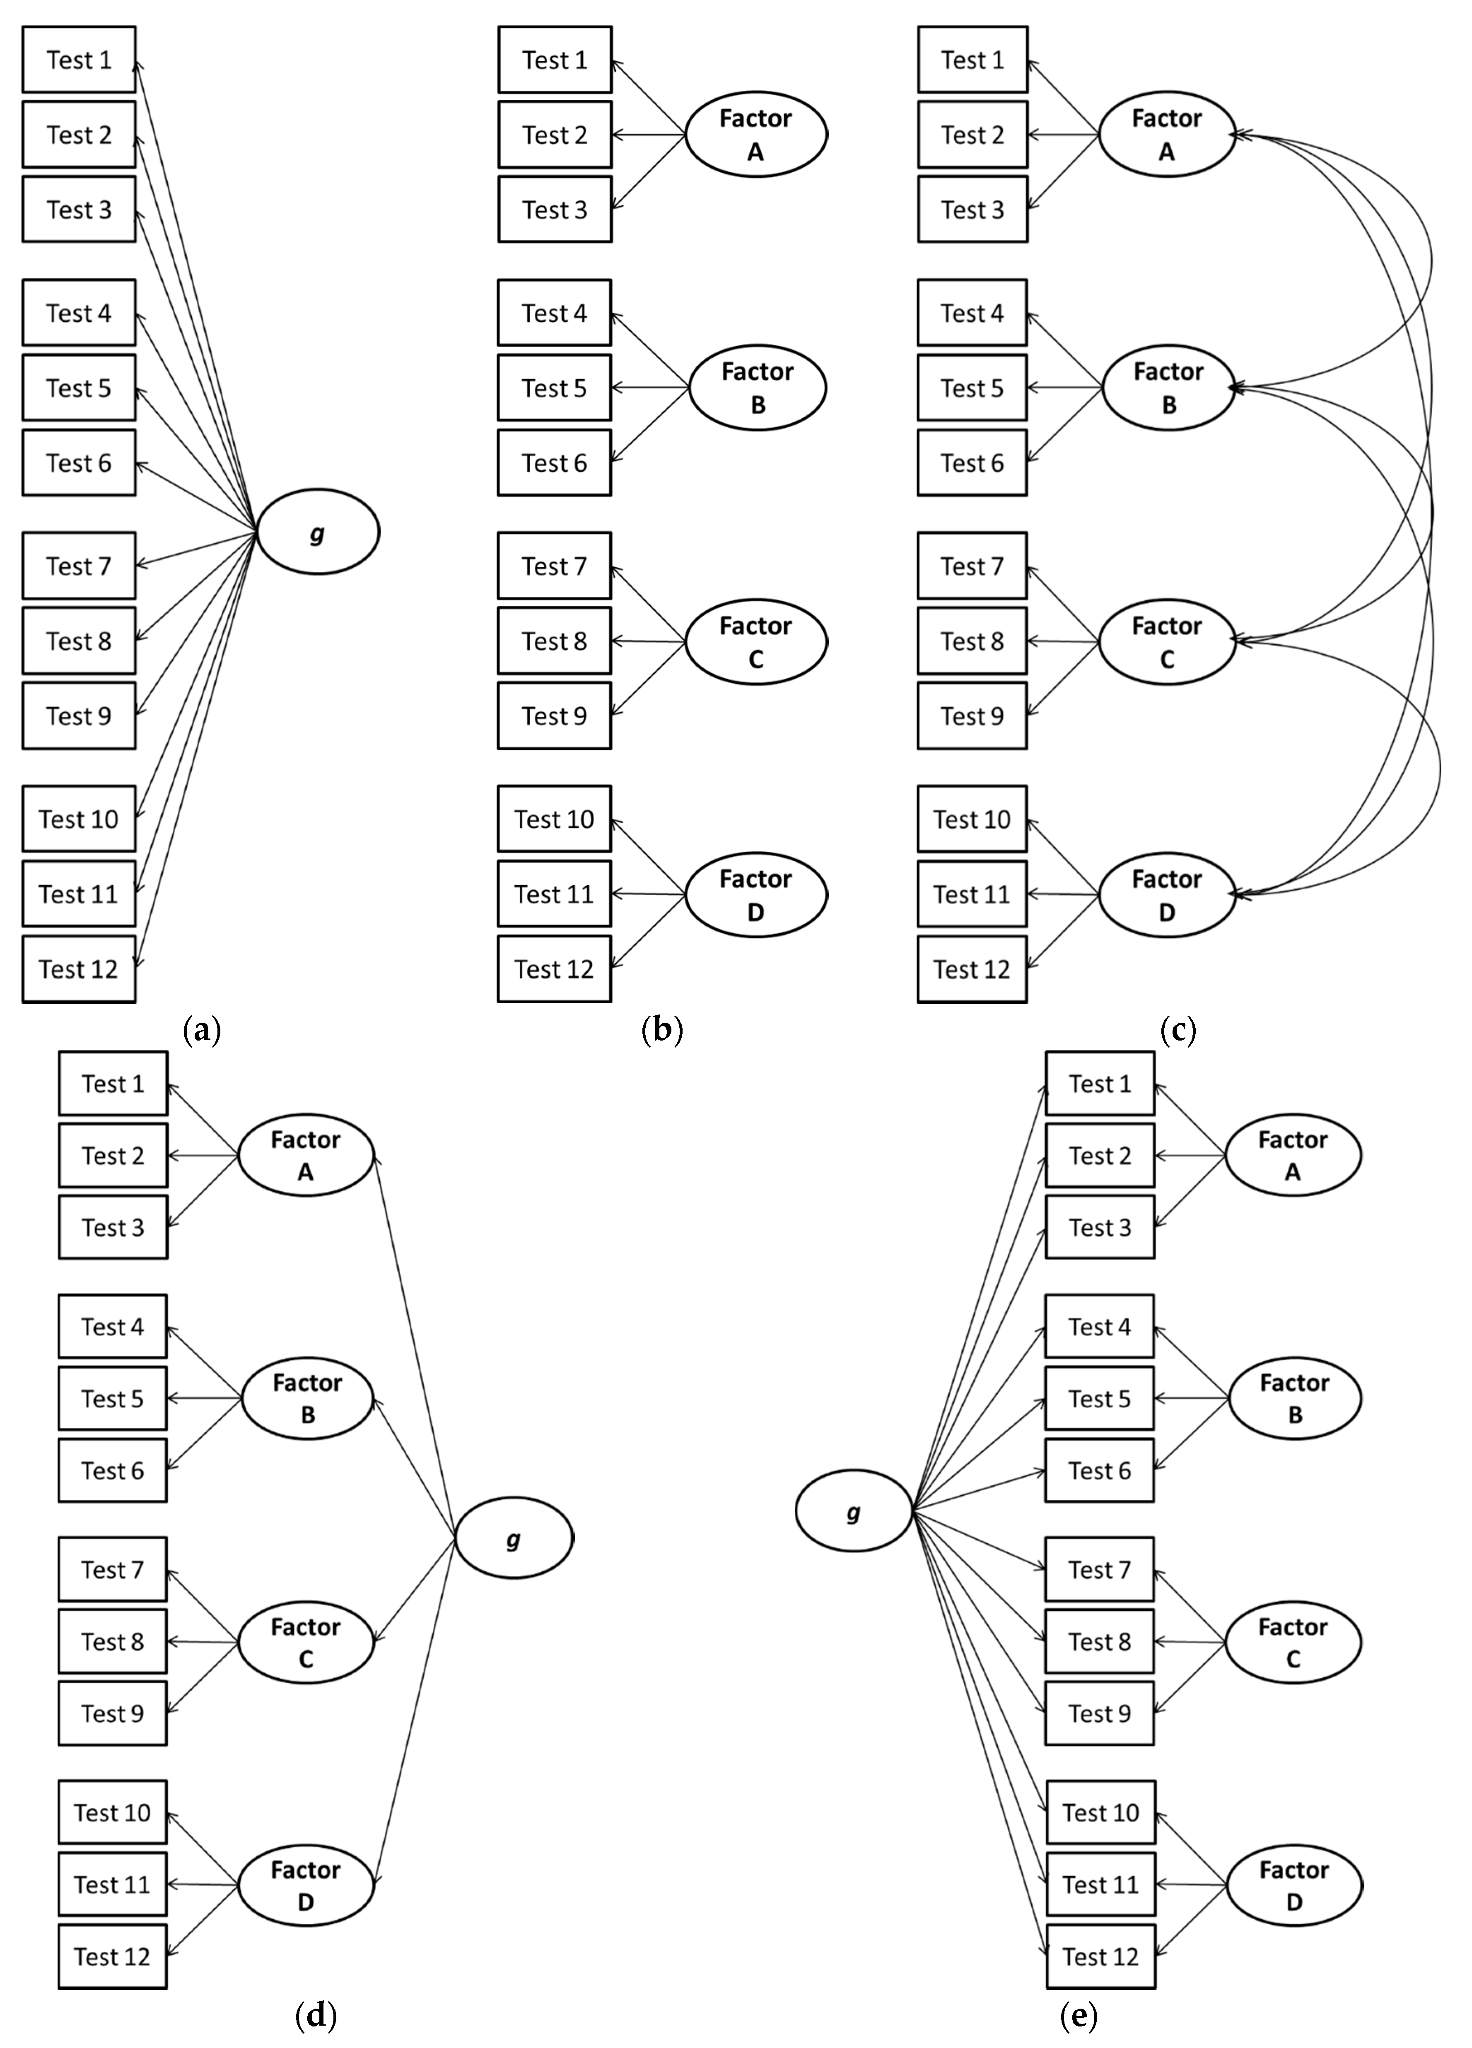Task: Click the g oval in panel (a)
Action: coord(318,532)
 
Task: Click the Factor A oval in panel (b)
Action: coord(756,135)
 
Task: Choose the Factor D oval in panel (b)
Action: coord(756,895)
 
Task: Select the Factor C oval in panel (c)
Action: coord(1167,642)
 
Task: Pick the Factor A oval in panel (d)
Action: coord(305,1155)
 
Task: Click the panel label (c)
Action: coord(1178,1029)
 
